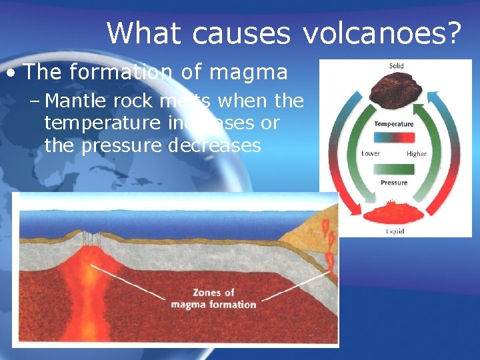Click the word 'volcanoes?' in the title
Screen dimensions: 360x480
(x=383, y=33)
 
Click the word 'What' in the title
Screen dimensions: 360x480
(x=139, y=33)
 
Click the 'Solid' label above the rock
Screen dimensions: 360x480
(x=396, y=66)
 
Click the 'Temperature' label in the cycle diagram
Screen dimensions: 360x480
(x=394, y=124)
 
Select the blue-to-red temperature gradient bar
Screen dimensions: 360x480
(x=394, y=139)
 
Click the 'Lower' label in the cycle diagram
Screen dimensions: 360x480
(x=371, y=153)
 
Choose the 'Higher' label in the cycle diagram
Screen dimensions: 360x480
(x=416, y=153)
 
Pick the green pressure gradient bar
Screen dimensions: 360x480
(x=394, y=169)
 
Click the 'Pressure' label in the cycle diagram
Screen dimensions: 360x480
(x=394, y=183)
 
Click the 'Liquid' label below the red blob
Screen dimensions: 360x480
(x=395, y=231)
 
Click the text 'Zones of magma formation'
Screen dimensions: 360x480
(x=213, y=299)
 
